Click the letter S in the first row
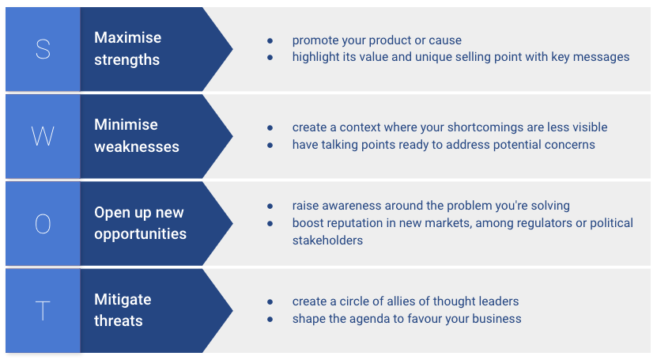[43, 49]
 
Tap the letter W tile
[43, 136]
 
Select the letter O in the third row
[43, 224]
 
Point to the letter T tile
[43, 311]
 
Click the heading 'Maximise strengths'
[127, 49]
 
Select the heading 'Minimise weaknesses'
[137, 136]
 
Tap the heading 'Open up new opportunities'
[140, 223]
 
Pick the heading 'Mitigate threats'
[123, 310]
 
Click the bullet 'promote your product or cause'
[376, 40]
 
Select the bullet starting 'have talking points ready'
[444, 145]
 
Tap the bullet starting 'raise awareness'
[431, 206]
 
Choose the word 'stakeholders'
[327, 240]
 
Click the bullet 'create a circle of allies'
[406, 301]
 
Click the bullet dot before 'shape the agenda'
[270, 319]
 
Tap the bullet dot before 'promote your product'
[270, 40]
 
